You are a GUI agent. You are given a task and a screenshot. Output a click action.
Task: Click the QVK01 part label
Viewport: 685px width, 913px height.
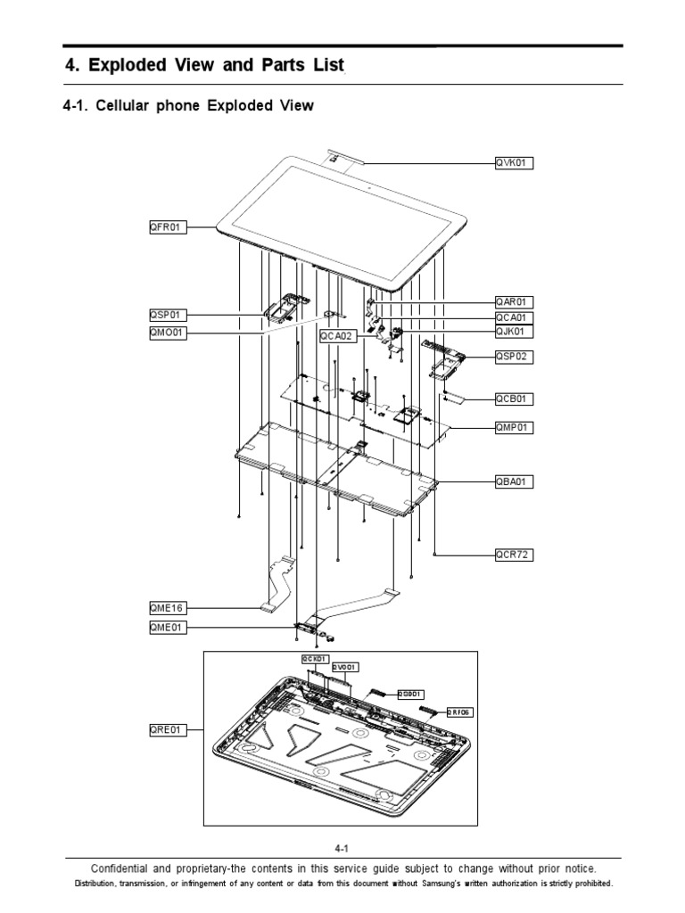(x=514, y=163)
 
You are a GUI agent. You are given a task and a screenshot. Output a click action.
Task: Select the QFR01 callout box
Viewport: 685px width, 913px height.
(x=167, y=227)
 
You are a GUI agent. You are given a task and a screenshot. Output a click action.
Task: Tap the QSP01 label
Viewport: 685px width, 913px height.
(x=167, y=315)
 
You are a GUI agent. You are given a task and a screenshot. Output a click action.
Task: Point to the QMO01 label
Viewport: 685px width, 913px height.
(x=168, y=333)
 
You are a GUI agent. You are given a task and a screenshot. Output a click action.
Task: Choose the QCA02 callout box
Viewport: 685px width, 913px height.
(x=338, y=336)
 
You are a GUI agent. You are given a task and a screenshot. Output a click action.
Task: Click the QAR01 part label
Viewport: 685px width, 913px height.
(x=514, y=302)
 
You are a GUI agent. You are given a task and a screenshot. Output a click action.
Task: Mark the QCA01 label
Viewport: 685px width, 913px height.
(x=514, y=317)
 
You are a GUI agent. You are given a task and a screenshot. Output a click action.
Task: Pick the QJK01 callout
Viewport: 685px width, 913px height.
(x=514, y=332)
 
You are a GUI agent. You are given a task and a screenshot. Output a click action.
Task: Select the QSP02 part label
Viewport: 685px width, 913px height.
(x=514, y=356)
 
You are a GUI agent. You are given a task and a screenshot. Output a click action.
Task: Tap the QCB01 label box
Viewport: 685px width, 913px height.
(x=514, y=399)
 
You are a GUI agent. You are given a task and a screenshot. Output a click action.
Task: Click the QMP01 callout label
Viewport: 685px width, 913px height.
(x=514, y=427)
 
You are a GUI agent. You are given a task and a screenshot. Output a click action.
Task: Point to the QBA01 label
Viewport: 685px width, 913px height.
(x=514, y=481)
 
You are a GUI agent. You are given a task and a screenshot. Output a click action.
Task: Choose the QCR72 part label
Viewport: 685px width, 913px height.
(x=514, y=555)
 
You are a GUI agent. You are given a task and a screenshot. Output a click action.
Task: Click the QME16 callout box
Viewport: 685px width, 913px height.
(x=167, y=609)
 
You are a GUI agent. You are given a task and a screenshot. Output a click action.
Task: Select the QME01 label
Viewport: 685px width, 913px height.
(x=167, y=627)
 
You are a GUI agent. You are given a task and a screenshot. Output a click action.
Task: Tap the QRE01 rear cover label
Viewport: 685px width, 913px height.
(x=167, y=729)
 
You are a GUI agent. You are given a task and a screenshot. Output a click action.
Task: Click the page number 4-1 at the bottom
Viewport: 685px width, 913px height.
(x=342, y=849)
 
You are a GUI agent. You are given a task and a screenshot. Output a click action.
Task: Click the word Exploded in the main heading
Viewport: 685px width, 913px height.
(x=129, y=66)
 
